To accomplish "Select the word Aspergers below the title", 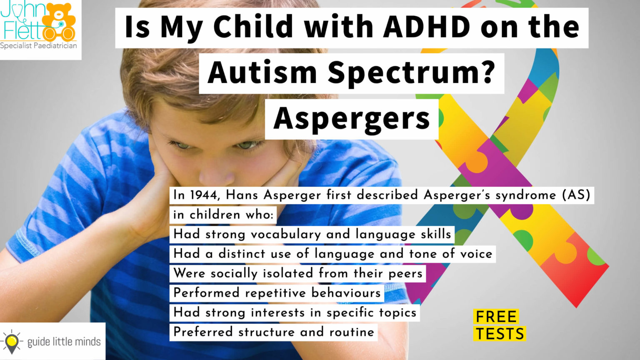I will tap(352, 119).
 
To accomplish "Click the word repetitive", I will tap(276, 293).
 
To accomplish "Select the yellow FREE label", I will tap(496, 317).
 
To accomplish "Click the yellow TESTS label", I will tap(500, 334).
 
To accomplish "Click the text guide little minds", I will tap(64, 342).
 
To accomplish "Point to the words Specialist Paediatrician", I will tap(38, 46).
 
